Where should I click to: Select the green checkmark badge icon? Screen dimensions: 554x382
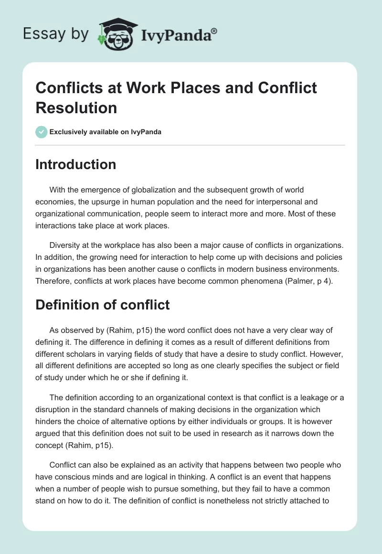pos(42,132)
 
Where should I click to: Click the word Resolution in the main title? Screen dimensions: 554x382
pos(76,107)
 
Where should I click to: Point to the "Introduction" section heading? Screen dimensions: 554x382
pos(76,164)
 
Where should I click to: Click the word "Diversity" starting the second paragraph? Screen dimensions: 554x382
pos(65,246)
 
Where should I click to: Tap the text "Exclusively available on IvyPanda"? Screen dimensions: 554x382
pos(106,132)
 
